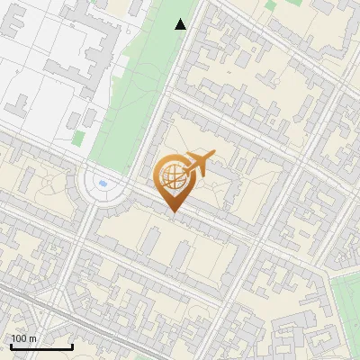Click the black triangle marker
tap(181, 24)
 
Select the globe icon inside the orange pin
tap(173, 176)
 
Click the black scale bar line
tap(41, 346)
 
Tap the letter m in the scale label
tap(33, 338)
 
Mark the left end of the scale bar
tap(11, 346)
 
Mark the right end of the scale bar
tap(72, 346)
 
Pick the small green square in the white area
tap(79, 138)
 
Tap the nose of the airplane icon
tap(212, 157)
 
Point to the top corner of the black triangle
tap(181, 19)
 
